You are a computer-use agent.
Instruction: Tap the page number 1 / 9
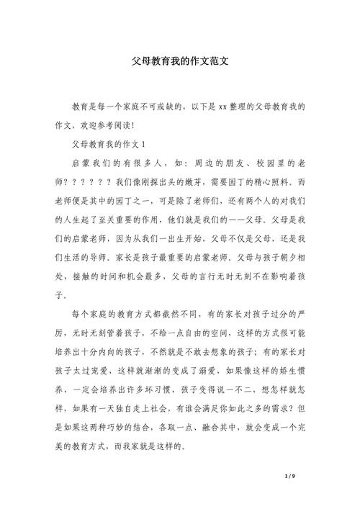coord(291,477)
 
